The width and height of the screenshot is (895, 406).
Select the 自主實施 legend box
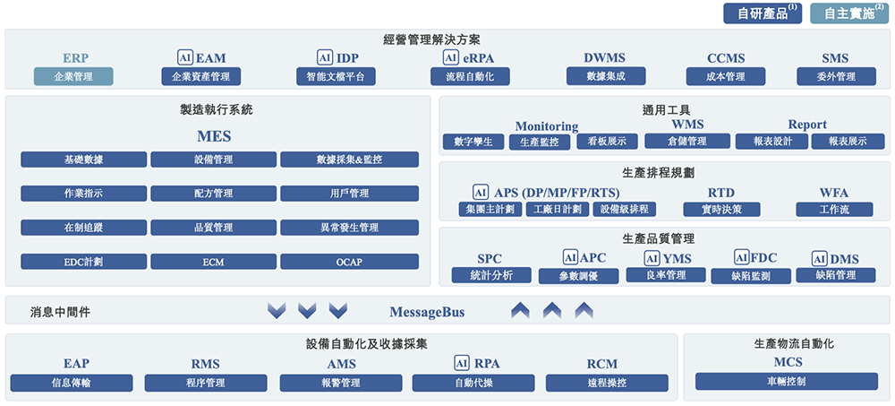(848, 13)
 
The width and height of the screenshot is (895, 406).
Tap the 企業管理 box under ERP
(73, 76)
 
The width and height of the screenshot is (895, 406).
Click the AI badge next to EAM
(185, 58)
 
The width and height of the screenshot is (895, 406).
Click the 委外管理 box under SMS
(836, 76)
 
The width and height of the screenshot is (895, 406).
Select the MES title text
(214, 137)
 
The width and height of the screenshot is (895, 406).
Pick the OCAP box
(349, 262)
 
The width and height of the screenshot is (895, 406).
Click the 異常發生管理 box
(349, 228)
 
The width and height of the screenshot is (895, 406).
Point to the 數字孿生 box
(473, 142)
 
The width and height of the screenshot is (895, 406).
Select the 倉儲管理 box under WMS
(687, 142)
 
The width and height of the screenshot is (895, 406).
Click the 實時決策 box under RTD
(721, 209)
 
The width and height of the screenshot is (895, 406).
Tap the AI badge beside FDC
(741, 257)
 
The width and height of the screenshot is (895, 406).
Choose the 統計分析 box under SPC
(490, 275)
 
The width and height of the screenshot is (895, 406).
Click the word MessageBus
(427, 312)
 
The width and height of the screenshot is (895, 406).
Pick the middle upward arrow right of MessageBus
(552, 311)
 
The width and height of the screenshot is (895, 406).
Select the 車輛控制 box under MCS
(787, 382)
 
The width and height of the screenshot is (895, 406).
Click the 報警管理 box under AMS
(344, 383)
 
